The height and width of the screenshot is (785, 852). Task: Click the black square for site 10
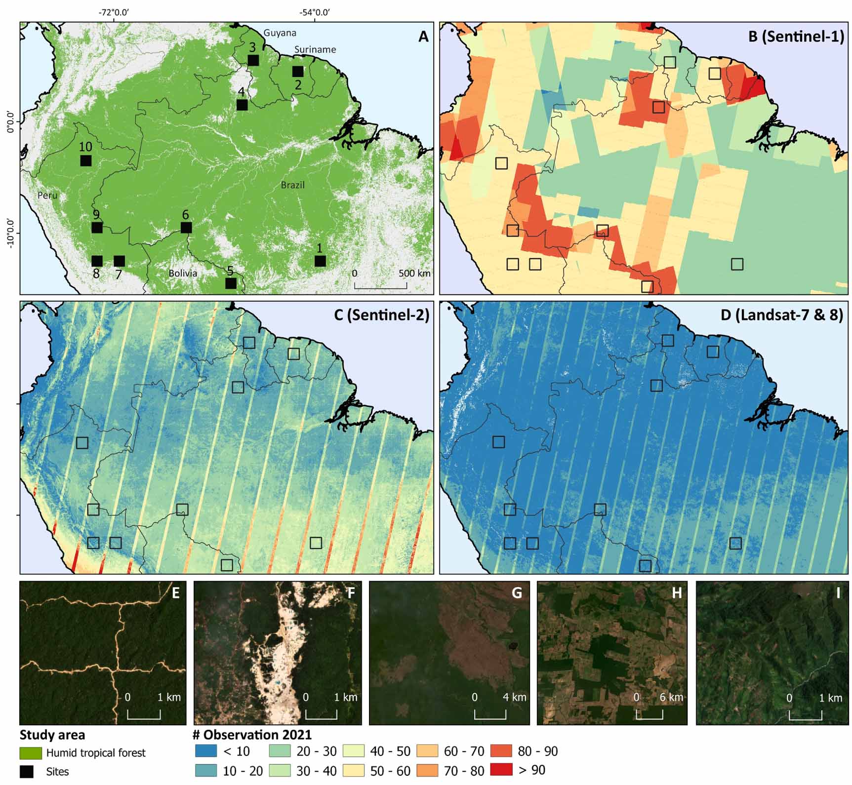pyautogui.click(x=86, y=160)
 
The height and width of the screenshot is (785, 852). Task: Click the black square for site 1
pyautogui.click(x=320, y=261)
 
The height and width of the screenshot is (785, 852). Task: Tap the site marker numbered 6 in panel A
pyautogui.click(x=186, y=228)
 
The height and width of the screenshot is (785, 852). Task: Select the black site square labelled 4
pyautogui.click(x=242, y=105)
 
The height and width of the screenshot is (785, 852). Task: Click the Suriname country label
pyautogui.click(x=315, y=49)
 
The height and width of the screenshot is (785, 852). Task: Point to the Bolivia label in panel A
pyautogui.click(x=183, y=273)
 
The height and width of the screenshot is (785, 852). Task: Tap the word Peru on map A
pyautogui.click(x=47, y=196)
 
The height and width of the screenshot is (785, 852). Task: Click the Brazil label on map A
pyautogui.click(x=292, y=185)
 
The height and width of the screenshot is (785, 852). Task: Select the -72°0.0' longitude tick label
pyautogui.click(x=115, y=13)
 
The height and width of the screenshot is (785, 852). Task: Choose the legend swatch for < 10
pyautogui.click(x=205, y=751)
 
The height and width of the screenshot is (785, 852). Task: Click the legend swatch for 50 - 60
pyautogui.click(x=353, y=770)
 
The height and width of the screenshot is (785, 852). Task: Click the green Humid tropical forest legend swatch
pyautogui.click(x=31, y=753)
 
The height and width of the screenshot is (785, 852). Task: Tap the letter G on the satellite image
pyautogui.click(x=517, y=592)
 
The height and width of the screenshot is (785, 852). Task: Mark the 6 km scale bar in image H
pyautogui.click(x=649, y=714)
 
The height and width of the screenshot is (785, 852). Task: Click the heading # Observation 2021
pyautogui.click(x=252, y=735)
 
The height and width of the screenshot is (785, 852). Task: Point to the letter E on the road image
pyautogui.click(x=175, y=593)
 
